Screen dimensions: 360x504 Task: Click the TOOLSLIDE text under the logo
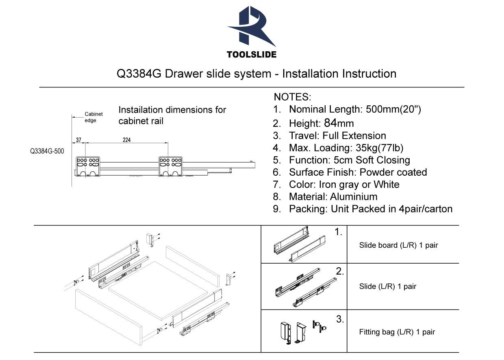pyautogui.click(x=252, y=54)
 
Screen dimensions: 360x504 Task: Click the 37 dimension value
pyautogui.click(x=78, y=140)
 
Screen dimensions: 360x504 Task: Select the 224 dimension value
pyautogui.click(x=126, y=140)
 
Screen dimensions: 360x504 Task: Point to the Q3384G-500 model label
pyautogui.click(x=47, y=151)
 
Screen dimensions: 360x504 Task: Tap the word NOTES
pyautogui.click(x=292, y=97)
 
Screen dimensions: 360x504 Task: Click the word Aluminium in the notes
pyautogui.click(x=354, y=197)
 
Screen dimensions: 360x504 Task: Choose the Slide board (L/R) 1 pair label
pyautogui.click(x=398, y=246)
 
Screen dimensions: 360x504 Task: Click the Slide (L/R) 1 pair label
pyautogui.click(x=388, y=286)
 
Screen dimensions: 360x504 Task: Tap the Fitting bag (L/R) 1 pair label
pyautogui.click(x=397, y=332)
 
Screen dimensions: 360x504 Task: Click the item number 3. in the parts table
pyautogui.click(x=340, y=319)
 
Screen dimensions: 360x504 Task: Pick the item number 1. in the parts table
pyautogui.click(x=338, y=232)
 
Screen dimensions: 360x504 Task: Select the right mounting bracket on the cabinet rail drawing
pyautogui.click(x=170, y=166)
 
